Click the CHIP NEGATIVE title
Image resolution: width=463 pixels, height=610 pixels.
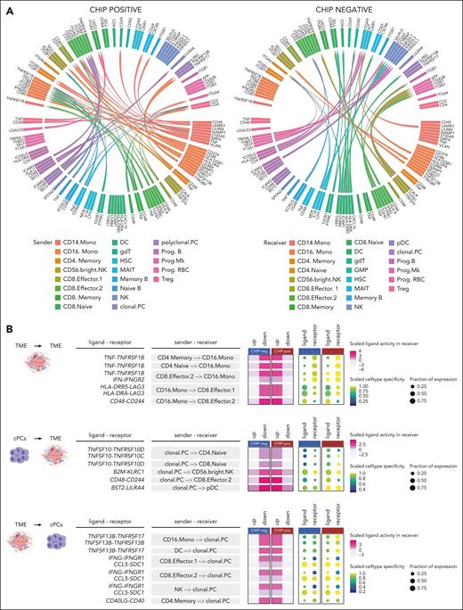coord(345,7)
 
